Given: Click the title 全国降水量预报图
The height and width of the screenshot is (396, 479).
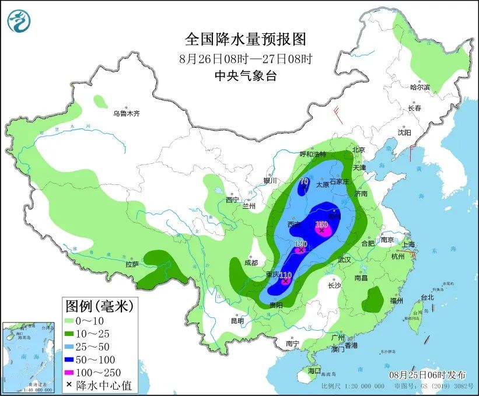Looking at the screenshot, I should tap(245, 39).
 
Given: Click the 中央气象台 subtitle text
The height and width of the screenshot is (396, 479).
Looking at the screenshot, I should tap(245, 75).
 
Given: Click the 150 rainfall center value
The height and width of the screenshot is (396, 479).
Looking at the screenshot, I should tap(321, 225).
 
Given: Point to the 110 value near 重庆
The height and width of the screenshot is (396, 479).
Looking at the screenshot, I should tap(285, 275).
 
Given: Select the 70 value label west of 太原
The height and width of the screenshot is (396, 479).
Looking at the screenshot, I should tap(304, 181).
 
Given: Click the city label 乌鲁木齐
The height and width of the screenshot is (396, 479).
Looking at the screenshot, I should tap(127, 113).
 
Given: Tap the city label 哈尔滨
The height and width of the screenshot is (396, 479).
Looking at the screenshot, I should tap(419, 87).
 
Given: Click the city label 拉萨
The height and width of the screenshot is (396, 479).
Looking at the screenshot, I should tap(132, 264).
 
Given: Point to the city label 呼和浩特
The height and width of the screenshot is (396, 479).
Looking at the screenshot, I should tap(314, 155).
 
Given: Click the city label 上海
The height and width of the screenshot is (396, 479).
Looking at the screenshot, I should tap(408, 244).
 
